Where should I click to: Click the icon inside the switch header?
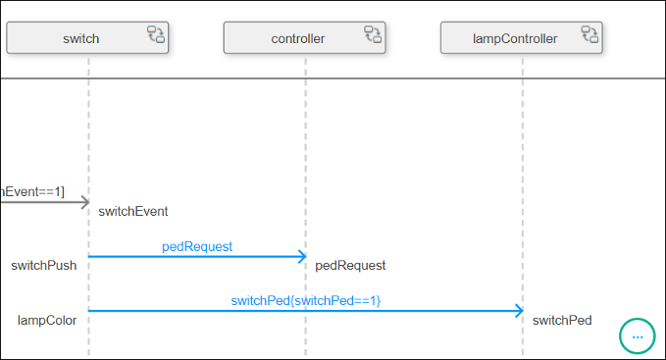coord(156,36)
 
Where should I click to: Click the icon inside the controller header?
coord(373,36)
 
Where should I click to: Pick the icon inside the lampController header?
coord(589,36)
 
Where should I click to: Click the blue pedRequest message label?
coord(197,246)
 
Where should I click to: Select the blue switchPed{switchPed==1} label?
coord(306,300)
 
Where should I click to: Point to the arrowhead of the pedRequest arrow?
coord(301,257)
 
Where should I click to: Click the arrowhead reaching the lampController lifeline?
coord(518,311)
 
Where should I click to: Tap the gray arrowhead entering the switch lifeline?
coord(83,203)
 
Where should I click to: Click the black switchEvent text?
coord(133,211)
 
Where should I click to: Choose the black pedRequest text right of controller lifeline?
coord(350,265)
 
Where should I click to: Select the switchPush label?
coord(44,265)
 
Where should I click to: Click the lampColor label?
coord(47,319)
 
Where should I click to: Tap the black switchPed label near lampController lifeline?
coord(562,319)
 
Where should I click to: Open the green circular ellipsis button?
coord(637,335)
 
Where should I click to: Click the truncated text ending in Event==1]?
coord(31,191)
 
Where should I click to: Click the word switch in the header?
coord(80,38)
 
